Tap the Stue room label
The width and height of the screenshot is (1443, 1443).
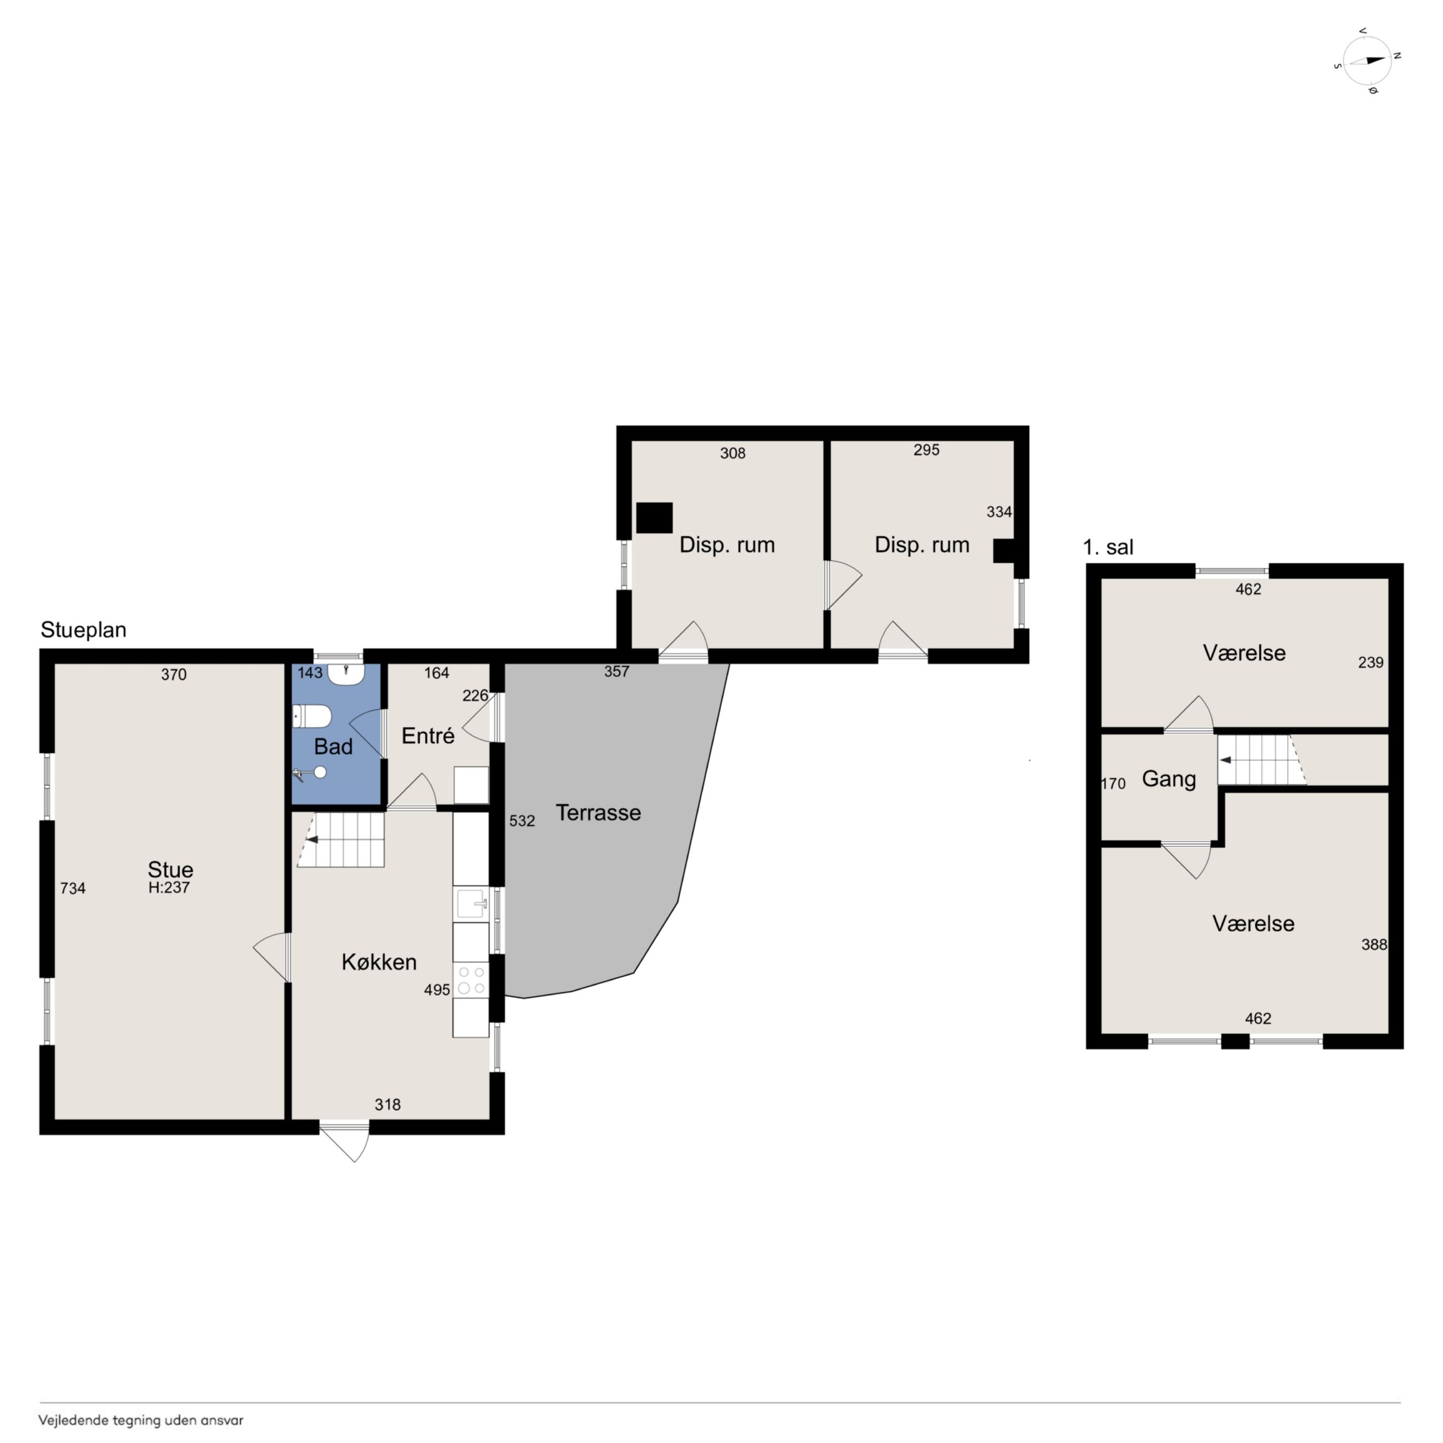pos(170,869)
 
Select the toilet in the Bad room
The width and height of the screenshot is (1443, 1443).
pos(311,718)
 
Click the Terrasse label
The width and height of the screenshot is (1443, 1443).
pos(598,813)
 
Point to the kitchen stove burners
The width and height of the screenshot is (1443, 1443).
pos(471,981)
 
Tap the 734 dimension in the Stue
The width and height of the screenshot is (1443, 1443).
pos(73,888)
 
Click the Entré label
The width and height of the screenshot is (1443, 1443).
pos(428,736)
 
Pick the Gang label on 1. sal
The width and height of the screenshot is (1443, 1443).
pos(1169,780)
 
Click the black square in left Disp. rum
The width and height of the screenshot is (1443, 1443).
pos(654,518)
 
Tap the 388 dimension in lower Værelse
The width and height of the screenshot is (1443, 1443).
pos(1374,944)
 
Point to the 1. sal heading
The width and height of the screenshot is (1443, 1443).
pos(1108,547)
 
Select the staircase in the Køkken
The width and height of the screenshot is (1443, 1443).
pos(341,840)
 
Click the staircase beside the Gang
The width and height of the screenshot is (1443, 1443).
pos(1262,760)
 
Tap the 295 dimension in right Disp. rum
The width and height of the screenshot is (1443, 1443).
pos(926,450)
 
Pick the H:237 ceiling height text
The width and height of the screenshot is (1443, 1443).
pos(169,888)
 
